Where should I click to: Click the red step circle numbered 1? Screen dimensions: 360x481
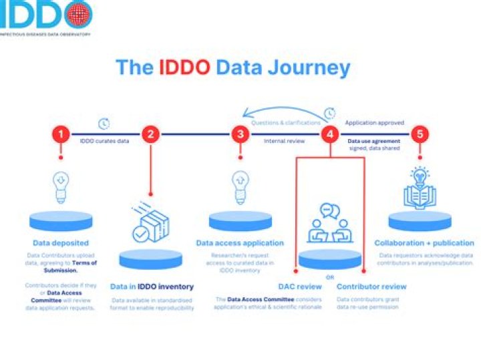tap(61, 134)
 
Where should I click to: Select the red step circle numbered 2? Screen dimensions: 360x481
tap(151, 134)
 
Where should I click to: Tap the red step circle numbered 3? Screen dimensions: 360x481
tap(240, 134)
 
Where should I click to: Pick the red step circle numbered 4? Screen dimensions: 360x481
tap(329, 134)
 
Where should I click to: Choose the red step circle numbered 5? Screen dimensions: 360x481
tap(420, 134)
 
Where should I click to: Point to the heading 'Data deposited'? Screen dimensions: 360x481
tap(61, 243)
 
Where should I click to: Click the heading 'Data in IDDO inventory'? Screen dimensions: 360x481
tap(152, 287)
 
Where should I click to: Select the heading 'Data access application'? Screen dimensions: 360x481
tap(240, 243)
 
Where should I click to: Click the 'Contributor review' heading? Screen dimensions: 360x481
tap(371, 287)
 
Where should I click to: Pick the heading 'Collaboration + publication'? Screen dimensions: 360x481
tap(424, 243)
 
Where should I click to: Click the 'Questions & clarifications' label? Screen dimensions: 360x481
tap(285, 124)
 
